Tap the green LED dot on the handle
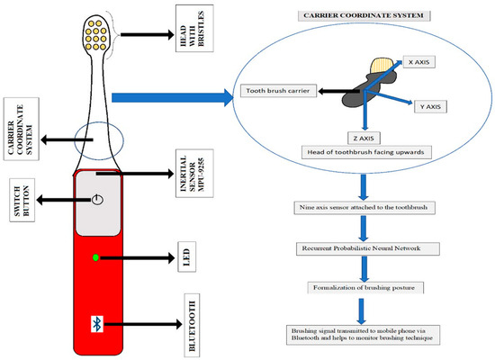[96, 259]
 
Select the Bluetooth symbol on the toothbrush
[96, 321]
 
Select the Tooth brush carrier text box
[275, 90]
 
